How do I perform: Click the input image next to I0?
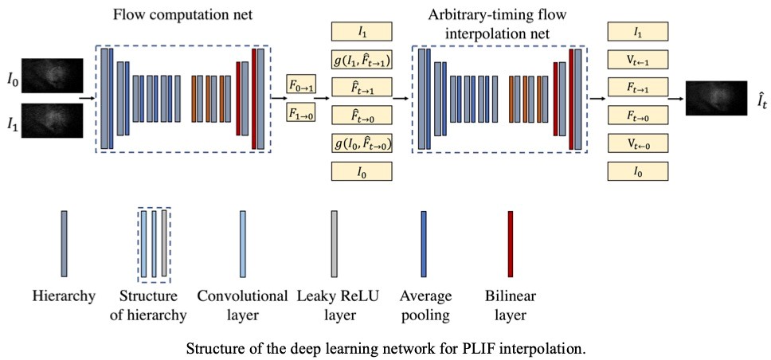point(53,75)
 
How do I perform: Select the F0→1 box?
point(301,87)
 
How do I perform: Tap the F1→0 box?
point(301,114)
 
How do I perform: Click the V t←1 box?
point(638,60)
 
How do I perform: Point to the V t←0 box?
point(638,143)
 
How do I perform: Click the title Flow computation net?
point(182,15)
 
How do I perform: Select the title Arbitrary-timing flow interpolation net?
point(499,25)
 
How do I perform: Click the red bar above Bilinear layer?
point(511,244)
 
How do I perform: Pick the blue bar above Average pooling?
point(424,244)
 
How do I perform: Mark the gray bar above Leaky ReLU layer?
point(335,244)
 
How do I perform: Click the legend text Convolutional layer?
point(242,305)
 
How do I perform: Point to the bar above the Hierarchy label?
point(64,244)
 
